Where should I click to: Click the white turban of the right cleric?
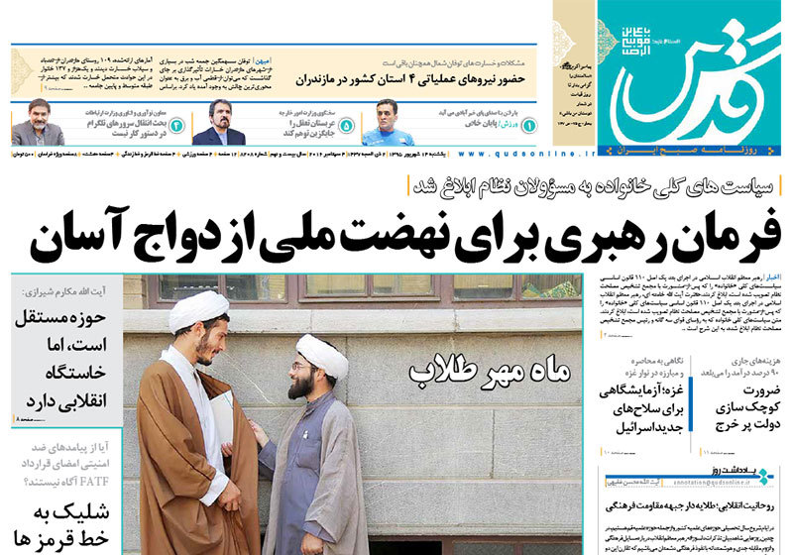323,353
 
